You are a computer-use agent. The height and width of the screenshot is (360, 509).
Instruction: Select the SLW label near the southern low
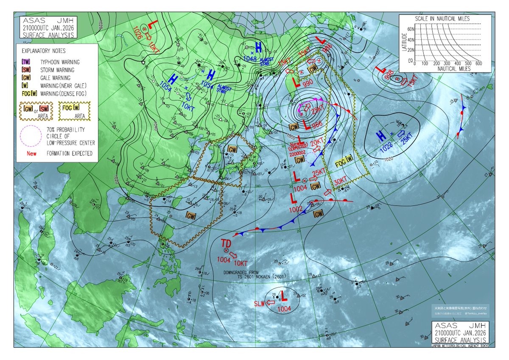[x=259, y=303]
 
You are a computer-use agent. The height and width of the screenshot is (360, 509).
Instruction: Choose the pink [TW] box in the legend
[x=26, y=62]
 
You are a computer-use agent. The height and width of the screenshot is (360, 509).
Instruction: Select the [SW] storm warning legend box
[x=26, y=70]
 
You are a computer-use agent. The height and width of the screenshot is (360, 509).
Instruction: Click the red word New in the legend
[x=31, y=153]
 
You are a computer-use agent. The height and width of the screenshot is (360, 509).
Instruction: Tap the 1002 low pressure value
[x=296, y=209]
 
